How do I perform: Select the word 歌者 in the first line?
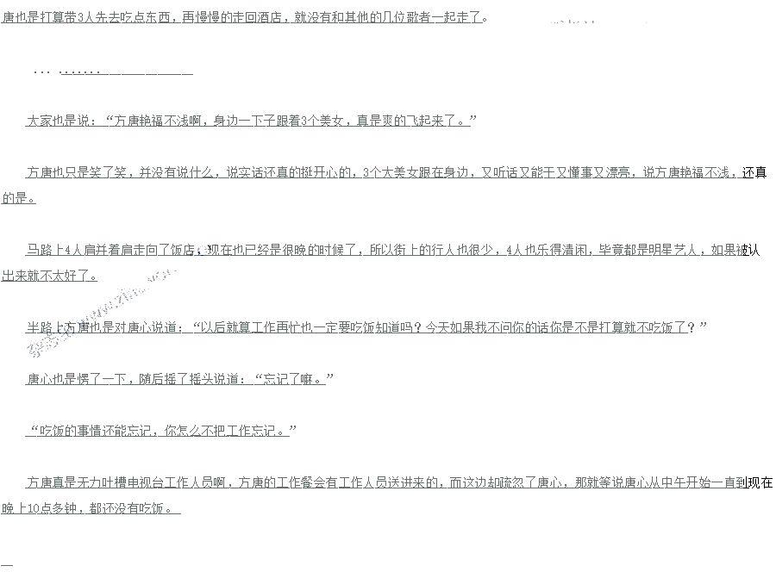[428, 16]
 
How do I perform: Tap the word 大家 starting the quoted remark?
[39, 121]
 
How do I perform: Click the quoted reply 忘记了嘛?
[294, 379]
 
